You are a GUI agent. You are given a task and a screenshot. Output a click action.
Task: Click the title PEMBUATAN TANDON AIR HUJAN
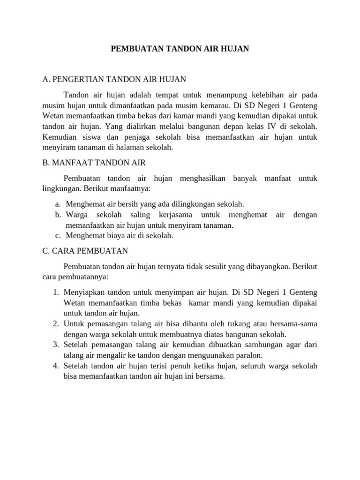pos(180,48)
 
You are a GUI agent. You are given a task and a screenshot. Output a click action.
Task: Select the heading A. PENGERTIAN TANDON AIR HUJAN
pos(114,79)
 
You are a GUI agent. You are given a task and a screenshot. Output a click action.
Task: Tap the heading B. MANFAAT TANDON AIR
pos(94,163)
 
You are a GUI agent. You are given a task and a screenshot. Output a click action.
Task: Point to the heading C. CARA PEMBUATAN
pos(85,251)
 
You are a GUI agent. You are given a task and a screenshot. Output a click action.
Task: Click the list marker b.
pos(58,215)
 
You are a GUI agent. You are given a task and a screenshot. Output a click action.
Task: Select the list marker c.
pos(58,235)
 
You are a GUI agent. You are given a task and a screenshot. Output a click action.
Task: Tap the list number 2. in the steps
pos(55,324)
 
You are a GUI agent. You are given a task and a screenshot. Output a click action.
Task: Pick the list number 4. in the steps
pos(55,366)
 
